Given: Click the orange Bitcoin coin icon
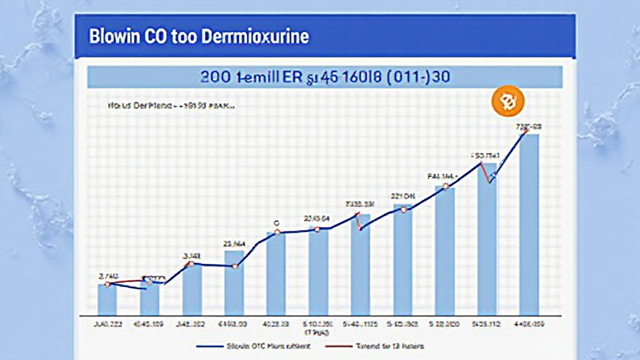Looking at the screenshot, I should (x=508, y=102).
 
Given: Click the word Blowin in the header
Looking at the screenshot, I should (x=114, y=36).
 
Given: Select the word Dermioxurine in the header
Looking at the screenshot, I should (x=256, y=36).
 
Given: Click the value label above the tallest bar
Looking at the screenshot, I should (x=529, y=126).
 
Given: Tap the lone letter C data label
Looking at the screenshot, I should (x=276, y=222).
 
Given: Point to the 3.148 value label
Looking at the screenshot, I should (x=191, y=255).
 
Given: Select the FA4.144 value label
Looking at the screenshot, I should (x=442, y=176).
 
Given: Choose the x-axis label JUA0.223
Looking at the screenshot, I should (x=107, y=324).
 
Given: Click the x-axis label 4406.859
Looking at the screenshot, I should (x=529, y=324).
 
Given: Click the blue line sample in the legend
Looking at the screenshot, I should (x=211, y=346).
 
